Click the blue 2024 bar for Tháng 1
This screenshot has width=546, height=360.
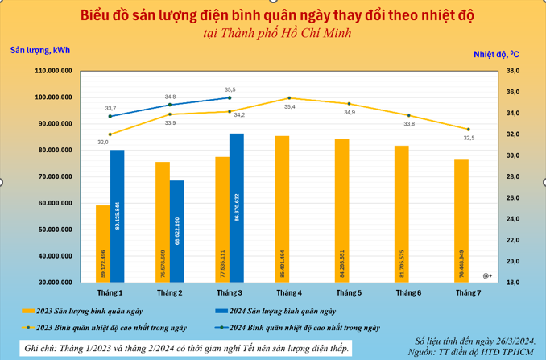[118, 216]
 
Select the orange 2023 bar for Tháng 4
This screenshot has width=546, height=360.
[282, 209]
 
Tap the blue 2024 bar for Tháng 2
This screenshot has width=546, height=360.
[176, 231]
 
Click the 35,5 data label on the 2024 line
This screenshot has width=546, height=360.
[230, 89]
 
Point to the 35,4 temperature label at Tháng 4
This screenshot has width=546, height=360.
[289, 106]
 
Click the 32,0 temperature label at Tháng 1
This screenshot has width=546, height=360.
[103, 142]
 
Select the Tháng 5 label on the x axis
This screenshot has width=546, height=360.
[349, 293]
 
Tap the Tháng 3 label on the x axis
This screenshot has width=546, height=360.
[230, 293]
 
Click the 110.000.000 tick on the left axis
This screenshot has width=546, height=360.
[54, 71]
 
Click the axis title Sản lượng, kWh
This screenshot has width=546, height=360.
[40, 50]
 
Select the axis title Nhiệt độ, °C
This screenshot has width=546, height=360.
[496, 54]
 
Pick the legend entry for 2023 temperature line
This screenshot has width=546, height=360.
[112, 328]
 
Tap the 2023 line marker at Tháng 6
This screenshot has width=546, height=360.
[408, 115]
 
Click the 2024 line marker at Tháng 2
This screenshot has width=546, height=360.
[170, 105]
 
